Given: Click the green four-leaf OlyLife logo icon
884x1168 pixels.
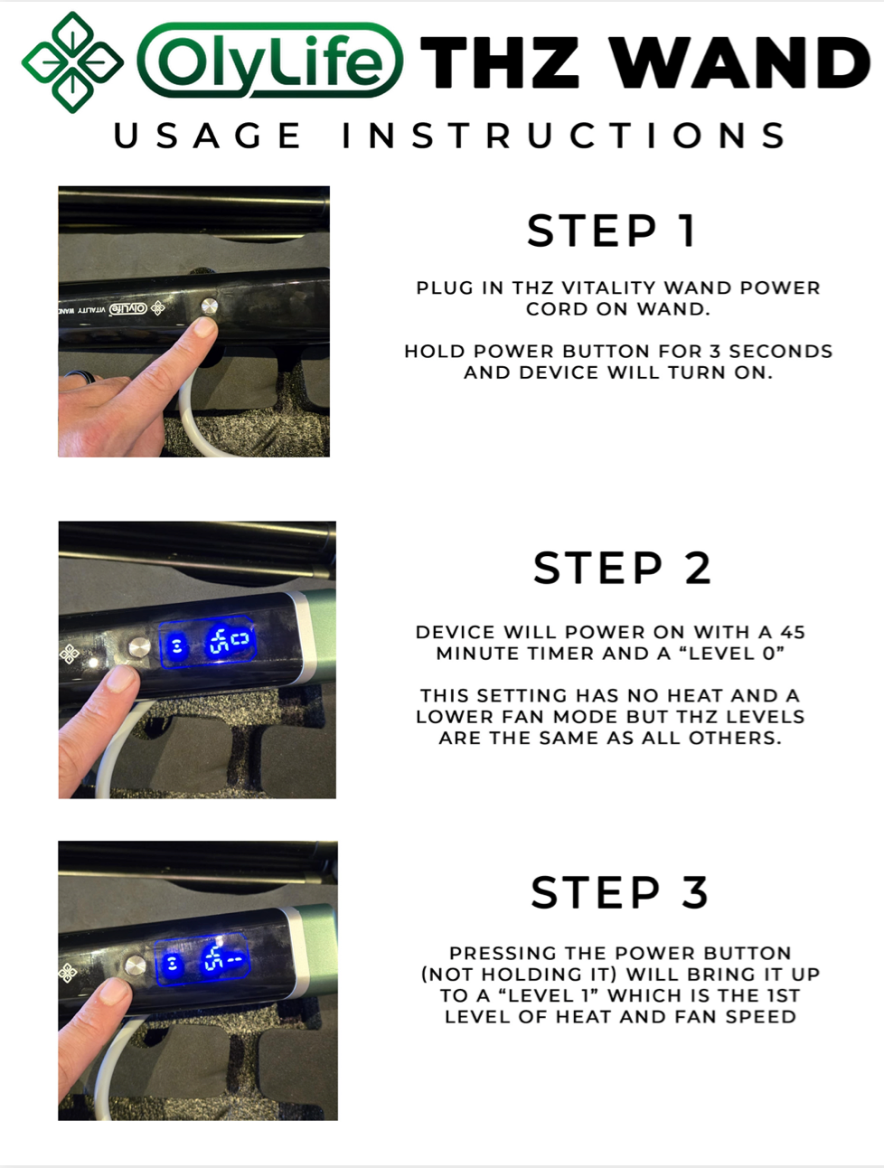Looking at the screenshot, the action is (x=72, y=61).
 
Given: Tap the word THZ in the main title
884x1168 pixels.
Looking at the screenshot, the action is (x=500, y=62).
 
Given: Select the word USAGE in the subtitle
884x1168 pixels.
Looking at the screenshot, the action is (x=207, y=136).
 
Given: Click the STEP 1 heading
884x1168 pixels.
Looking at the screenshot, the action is (x=612, y=231).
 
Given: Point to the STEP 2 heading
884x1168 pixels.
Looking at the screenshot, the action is (x=622, y=568).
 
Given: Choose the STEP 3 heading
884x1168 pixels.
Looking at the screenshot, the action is (x=620, y=892).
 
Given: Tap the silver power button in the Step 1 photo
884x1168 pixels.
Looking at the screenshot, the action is (x=209, y=306).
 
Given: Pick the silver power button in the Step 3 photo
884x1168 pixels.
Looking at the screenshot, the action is (x=135, y=965).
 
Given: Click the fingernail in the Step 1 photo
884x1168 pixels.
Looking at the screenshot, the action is (x=205, y=326).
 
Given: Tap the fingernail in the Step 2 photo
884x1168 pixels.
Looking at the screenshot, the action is (x=121, y=679).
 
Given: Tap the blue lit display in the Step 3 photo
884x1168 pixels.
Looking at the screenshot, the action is (x=202, y=959).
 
